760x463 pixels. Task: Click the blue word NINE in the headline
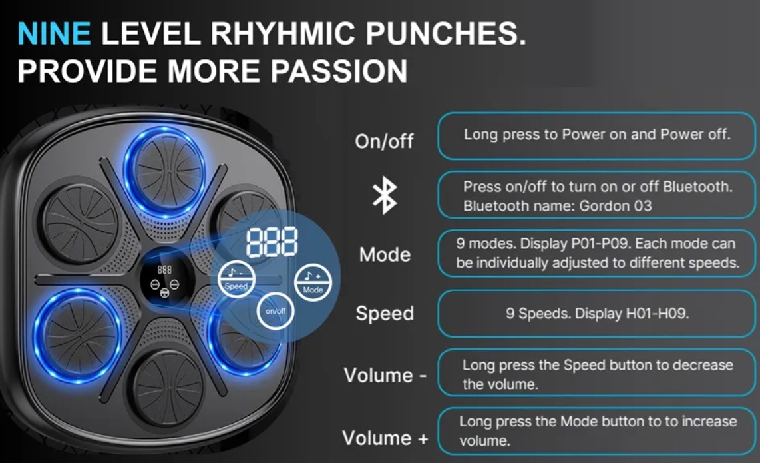(x=54, y=33)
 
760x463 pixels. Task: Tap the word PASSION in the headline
(x=339, y=71)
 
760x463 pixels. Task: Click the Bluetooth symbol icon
(x=385, y=195)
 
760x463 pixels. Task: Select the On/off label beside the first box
(x=384, y=141)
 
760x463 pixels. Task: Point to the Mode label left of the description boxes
(x=385, y=254)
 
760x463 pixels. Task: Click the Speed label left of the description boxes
(x=385, y=314)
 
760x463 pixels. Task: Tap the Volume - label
(x=385, y=375)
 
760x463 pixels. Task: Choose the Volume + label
(x=385, y=438)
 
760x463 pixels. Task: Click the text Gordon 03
(x=616, y=206)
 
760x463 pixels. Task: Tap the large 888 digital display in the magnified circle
(x=272, y=242)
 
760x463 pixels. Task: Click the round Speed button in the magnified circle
(x=236, y=280)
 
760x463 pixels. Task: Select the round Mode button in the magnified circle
(x=313, y=282)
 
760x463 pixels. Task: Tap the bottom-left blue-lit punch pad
(x=77, y=335)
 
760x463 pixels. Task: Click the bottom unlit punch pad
(x=168, y=388)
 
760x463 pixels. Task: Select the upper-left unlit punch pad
(x=79, y=223)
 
